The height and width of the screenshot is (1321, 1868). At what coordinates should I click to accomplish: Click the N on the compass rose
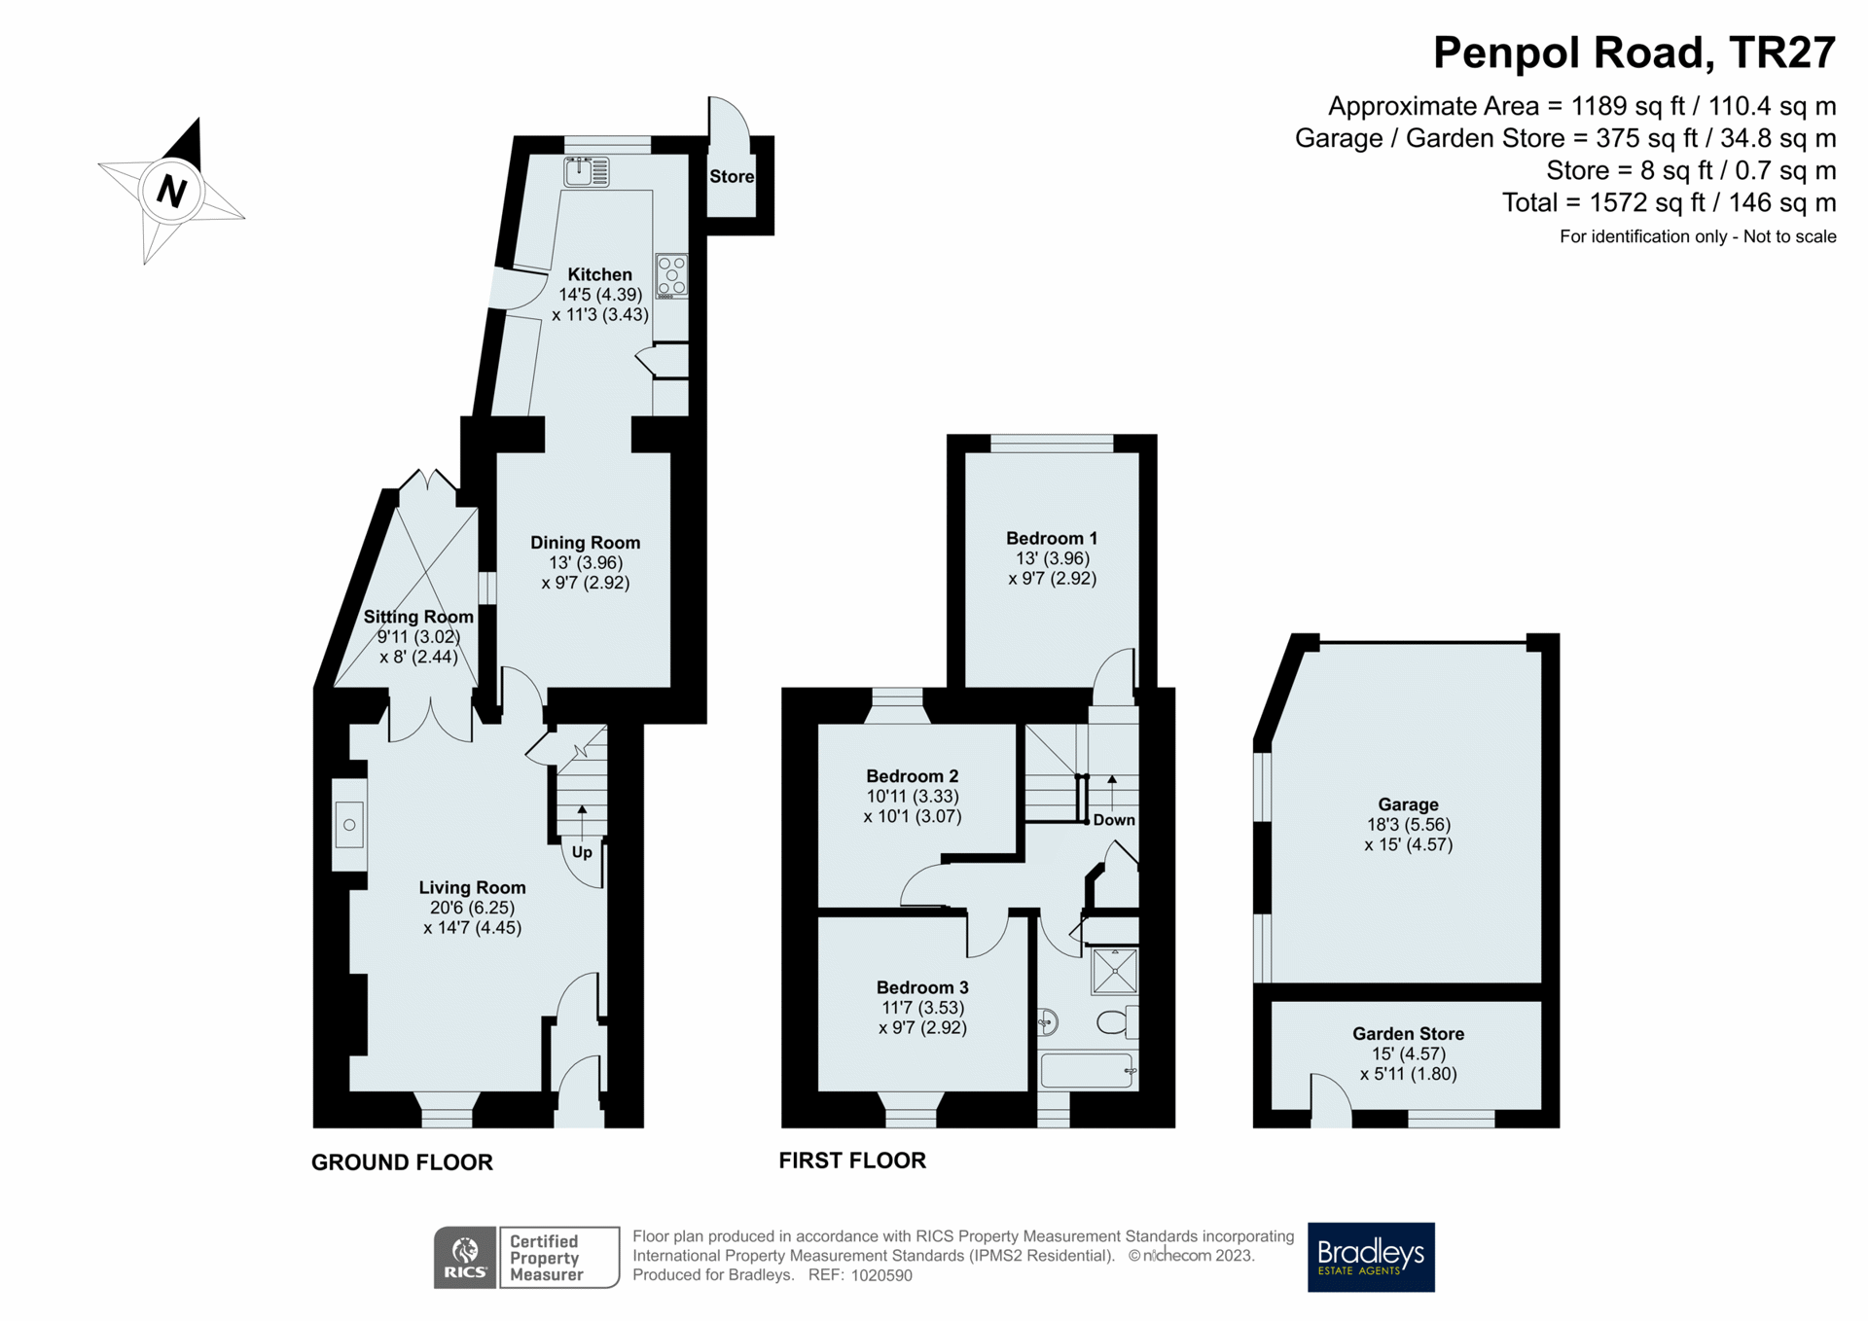[x=171, y=191]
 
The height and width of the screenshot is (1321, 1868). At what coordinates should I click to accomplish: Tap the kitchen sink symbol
[x=587, y=172]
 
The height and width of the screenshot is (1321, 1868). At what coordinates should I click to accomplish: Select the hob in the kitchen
[x=671, y=275]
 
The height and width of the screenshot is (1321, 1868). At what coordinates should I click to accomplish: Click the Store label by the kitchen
[x=732, y=176]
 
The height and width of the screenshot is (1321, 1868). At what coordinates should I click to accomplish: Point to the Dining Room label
[x=585, y=542]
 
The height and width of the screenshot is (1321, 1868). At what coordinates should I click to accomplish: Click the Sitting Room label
[x=418, y=616]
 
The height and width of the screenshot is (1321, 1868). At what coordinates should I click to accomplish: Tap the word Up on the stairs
[x=582, y=852]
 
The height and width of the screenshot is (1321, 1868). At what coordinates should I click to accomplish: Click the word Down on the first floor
[x=1114, y=819]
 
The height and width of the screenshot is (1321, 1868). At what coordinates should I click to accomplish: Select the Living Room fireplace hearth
[x=349, y=825]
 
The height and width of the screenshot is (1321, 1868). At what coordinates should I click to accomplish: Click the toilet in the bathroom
[x=1117, y=1022]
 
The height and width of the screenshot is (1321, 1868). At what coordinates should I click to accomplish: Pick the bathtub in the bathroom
[x=1088, y=1070]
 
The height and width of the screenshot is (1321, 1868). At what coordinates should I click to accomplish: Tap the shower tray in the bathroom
[x=1114, y=971]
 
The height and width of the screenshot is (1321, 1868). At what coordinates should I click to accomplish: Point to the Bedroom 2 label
[x=913, y=775]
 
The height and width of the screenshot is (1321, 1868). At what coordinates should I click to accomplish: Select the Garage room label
[x=1408, y=803]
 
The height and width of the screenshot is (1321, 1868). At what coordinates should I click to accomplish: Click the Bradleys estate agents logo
[x=1371, y=1257]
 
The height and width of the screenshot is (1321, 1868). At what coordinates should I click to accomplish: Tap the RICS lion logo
[x=466, y=1257]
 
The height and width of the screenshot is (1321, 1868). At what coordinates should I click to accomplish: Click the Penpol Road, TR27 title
[x=1634, y=53]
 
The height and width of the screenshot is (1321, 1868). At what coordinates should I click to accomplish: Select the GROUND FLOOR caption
[x=402, y=1161]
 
